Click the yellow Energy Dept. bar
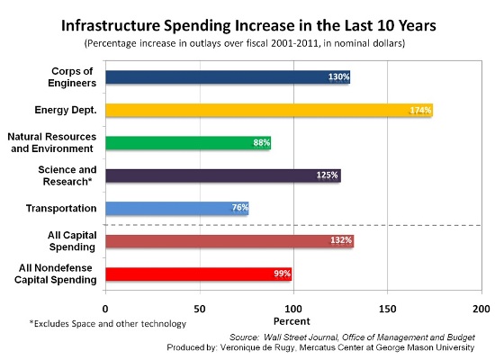coord(269,110)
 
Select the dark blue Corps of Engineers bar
coord(228,77)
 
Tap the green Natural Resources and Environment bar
coord(188,143)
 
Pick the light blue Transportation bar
coord(177,209)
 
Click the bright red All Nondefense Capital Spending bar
coord(199,274)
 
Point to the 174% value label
coord(420,110)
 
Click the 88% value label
coord(261,143)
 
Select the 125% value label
coord(327,175)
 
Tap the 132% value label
coord(341,240)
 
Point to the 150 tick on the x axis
coord(387,309)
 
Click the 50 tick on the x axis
coord(200,309)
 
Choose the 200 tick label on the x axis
coord(481,309)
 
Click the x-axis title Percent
coord(292,321)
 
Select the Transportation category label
coord(61,209)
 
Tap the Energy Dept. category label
coord(66,110)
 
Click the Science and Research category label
coord(67,175)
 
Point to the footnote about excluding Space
coord(108,324)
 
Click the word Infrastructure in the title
coord(111,25)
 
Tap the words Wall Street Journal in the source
coord(301,337)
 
